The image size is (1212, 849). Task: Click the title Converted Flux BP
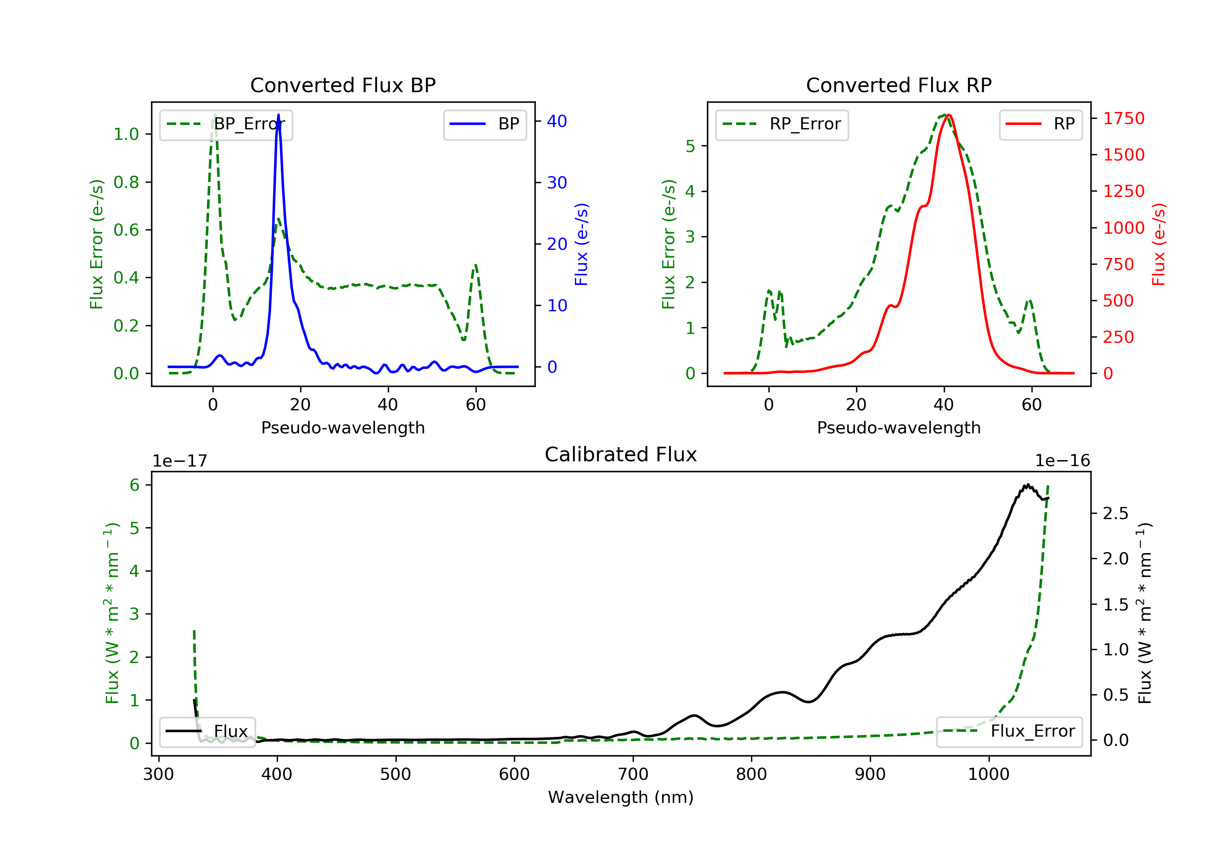click(x=343, y=85)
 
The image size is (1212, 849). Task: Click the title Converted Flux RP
click(x=898, y=85)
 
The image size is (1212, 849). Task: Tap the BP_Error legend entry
click(x=226, y=124)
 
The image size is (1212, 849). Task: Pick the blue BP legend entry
click(x=484, y=124)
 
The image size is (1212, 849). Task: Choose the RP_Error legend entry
click(x=782, y=124)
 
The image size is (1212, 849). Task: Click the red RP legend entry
click(x=1040, y=124)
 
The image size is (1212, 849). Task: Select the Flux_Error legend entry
click(x=1009, y=731)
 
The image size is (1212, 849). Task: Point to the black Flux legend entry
click(x=208, y=731)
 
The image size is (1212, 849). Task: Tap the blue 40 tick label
click(x=557, y=122)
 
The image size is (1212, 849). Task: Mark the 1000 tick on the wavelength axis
click(x=988, y=775)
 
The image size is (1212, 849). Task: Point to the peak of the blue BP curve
click(x=278, y=115)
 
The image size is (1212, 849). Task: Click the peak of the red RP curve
click(x=949, y=115)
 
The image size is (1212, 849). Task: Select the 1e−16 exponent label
click(x=1062, y=461)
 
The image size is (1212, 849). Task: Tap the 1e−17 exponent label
click(x=179, y=461)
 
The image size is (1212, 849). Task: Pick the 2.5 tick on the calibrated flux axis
click(x=1115, y=513)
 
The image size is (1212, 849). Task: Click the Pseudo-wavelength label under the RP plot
click(x=898, y=427)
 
